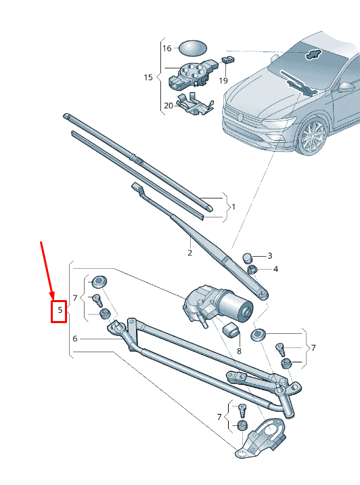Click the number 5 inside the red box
coord(60,311)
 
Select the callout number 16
coord(166,49)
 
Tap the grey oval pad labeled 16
coord(192,48)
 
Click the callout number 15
coord(148,77)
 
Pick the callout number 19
coord(223,80)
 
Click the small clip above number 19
coord(229,59)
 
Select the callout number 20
coord(168,105)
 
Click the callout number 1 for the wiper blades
coord(233,206)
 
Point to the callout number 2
coord(189,253)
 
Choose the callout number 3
coord(269,256)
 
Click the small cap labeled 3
coord(248,257)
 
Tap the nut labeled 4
coord(251,270)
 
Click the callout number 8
coord(238,352)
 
